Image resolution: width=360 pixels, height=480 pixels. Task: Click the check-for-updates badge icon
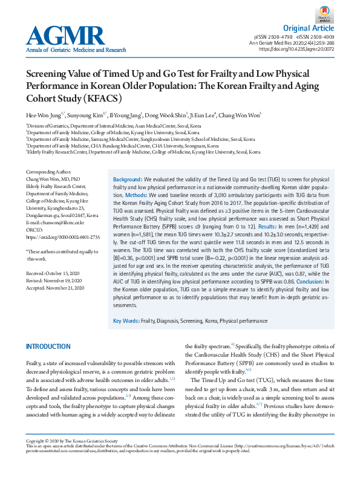[325, 15]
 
